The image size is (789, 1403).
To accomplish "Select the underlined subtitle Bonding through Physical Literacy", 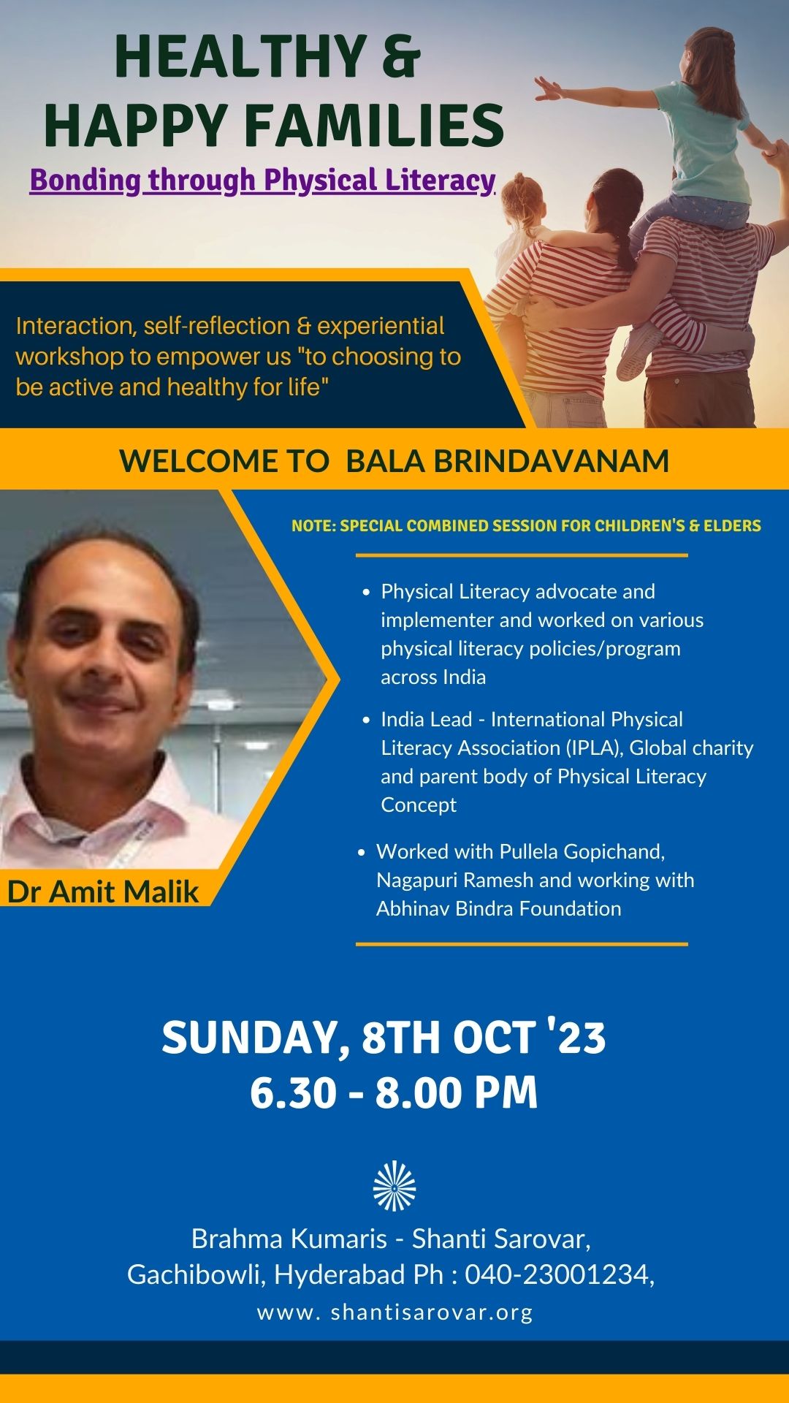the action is (x=263, y=180).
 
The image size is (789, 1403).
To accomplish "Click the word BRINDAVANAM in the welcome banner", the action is (x=507, y=461).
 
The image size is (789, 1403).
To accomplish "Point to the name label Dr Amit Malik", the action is (x=103, y=891).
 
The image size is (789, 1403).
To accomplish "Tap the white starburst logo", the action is (x=394, y=1185).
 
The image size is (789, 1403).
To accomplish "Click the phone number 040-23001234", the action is (x=560, y=1274).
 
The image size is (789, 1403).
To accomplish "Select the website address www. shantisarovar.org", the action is (x=394, y=1312).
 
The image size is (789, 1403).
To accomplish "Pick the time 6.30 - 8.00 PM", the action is (x=394, y=1093).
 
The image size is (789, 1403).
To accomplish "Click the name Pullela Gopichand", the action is (x=582, y=852).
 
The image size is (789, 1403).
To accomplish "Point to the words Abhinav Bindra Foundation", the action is (x=499, y=908).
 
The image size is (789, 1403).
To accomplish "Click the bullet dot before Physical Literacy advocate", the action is (x=367, y=593).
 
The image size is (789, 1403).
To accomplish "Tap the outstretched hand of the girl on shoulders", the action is (x=547, y=90).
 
